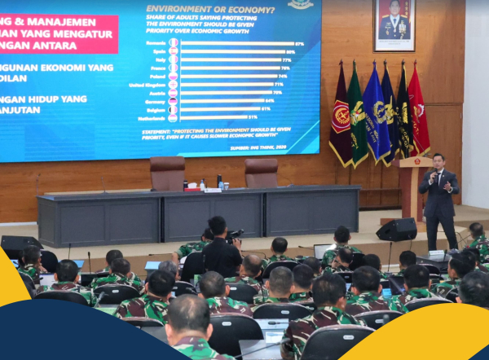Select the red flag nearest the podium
(x=417, y=114)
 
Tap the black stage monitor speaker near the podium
(x=397, y=230)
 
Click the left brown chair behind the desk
(x=167, y=173)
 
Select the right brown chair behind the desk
(x=261, y=172)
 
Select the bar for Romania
(x=236, y=43)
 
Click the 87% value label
(x=299, y=43)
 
